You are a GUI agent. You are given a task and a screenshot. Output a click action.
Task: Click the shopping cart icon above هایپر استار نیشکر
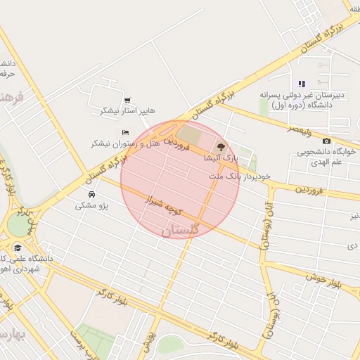[x=127, y=101]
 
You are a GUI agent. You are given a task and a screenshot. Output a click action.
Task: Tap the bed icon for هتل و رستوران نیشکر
[x=125, y=132]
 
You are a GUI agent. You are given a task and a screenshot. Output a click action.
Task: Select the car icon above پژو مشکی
[x=92, y=194]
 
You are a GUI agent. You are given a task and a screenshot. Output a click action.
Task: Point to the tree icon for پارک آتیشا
[x=221, y=148]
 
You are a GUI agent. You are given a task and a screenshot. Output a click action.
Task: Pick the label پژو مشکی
[x=92, y=205]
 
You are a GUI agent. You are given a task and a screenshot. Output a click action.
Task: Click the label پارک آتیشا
[x=215, y=159]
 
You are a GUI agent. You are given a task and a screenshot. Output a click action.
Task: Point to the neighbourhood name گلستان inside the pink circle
[x=181, y=230]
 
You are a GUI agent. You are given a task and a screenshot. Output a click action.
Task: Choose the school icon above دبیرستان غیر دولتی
[x=302, y=84]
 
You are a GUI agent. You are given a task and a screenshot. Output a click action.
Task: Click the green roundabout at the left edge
[x=17, y=226]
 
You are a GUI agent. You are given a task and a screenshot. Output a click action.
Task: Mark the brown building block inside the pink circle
[x=188, y=133]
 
